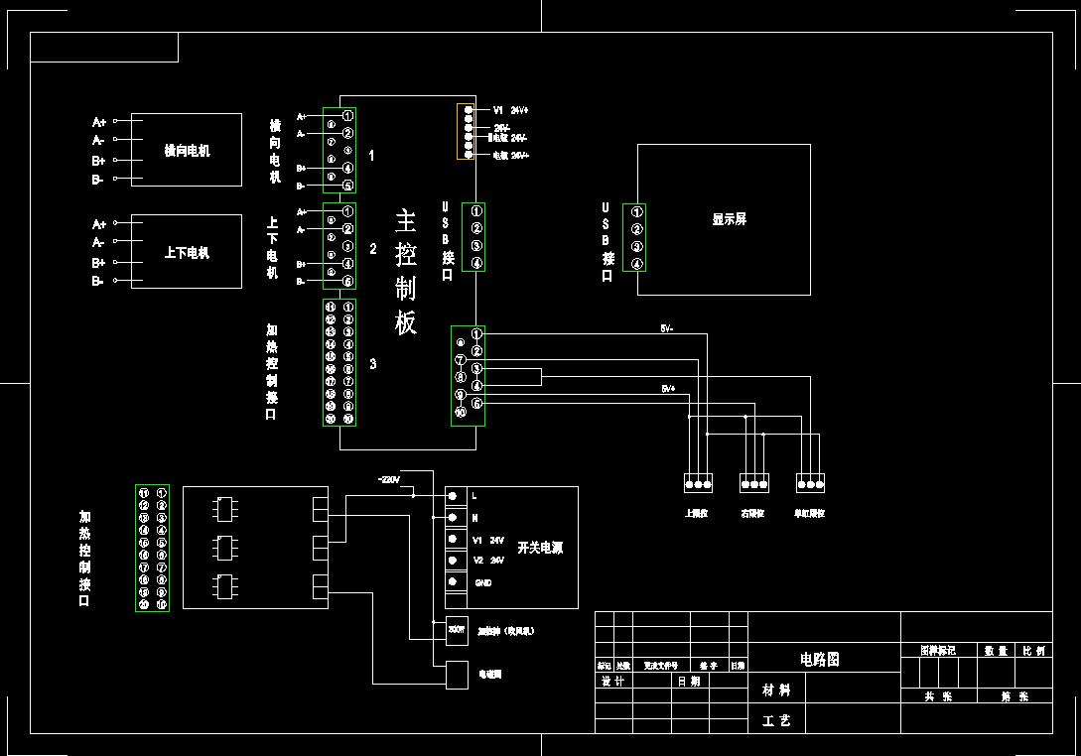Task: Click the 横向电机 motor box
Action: (x=186, y=151)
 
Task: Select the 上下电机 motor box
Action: (x=186, y=252)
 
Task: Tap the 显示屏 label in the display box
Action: (x=729, y=219)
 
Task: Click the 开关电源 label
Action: (x=540, y=548)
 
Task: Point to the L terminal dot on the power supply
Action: (x=453, y=494)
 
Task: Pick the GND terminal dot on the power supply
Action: (x=453, y=582)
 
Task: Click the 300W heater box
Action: (x=457, y=630)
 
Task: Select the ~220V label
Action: (x=388, y=479)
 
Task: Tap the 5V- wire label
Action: (x=667, y=328)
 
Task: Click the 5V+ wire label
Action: (x=667, y=389)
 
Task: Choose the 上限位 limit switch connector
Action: (x=698, y=484)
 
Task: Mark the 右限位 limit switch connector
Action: (x=754, y=484)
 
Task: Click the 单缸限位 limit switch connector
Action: (x=810, y=484)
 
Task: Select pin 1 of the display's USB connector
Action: (x=636, y=212)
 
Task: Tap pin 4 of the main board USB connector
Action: (x=476, y=263)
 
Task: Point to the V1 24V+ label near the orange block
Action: (x=511, y=110)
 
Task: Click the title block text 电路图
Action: (x=820, y=659)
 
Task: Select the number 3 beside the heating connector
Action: (x=373, y=364)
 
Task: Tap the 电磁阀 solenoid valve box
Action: (x=457, y=675)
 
